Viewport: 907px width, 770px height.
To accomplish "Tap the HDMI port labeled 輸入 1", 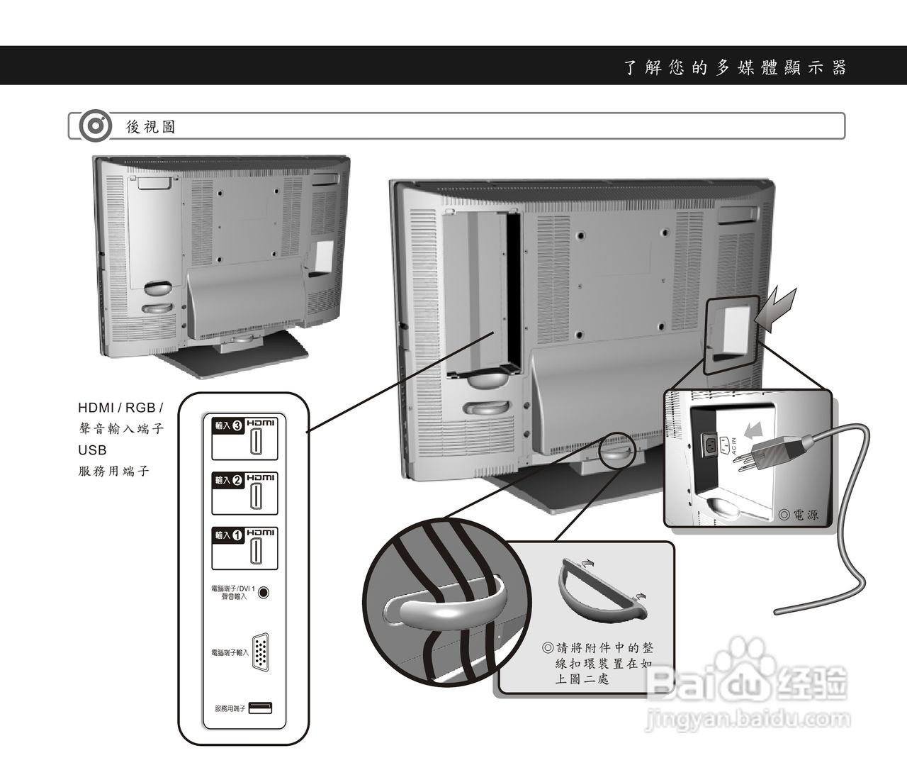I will coord(253,552).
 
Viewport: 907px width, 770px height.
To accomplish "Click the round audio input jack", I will coord(264,592).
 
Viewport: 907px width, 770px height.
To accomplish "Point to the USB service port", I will coord(260,708).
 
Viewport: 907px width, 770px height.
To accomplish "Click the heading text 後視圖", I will coord(151,127).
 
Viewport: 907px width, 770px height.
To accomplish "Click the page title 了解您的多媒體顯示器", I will coord(735,68).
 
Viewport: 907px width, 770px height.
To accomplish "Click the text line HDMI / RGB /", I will coord(120,408).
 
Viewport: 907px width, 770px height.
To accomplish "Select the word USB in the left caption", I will coord(92,450).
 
